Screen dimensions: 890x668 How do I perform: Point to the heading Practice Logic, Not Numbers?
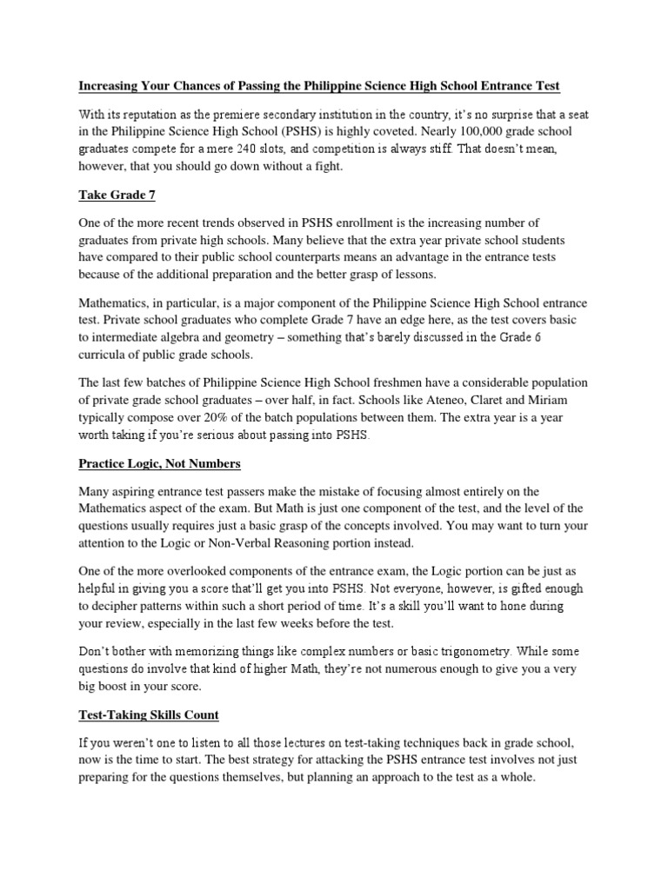[x=159, y=465]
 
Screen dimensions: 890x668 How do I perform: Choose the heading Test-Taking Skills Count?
[x=149, y=714]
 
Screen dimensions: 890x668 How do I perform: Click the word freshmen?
[x=412, y=381]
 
